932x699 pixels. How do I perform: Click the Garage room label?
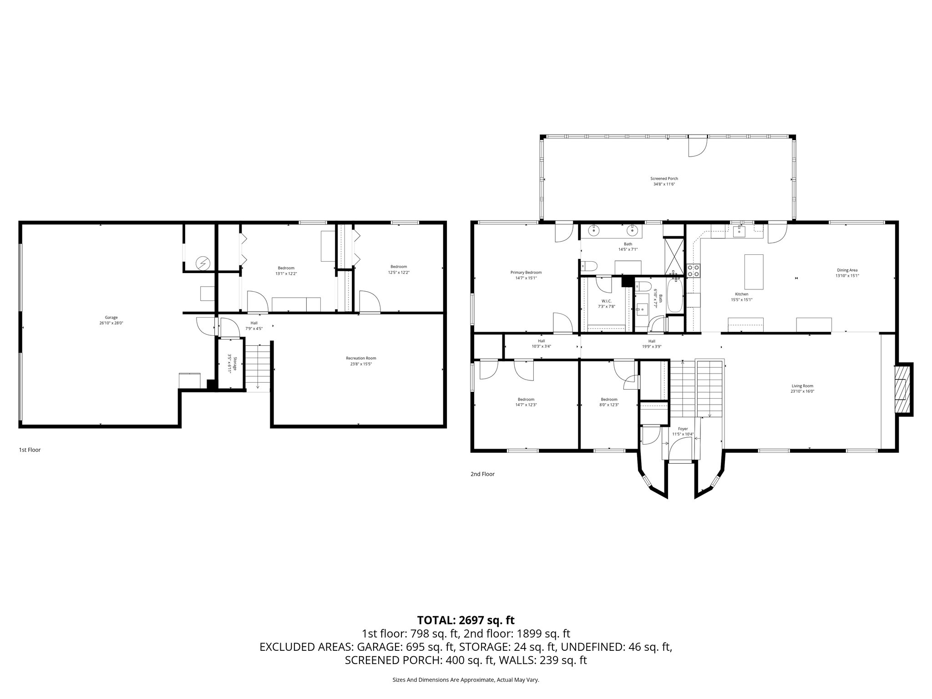point(111,320)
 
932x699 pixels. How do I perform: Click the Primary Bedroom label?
point(526,275)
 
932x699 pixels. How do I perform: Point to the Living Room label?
point(802,388)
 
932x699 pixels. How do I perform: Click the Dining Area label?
point(847,273)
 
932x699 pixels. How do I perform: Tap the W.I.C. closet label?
point(606,304)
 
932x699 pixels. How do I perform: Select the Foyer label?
point(683,431)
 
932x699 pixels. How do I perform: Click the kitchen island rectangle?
point(753,272)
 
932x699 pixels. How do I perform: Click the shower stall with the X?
point(674,254)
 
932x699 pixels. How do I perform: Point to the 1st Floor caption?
point(30,450)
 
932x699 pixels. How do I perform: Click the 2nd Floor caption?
point(482,474)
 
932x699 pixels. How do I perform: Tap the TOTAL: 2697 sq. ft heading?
point(466,620)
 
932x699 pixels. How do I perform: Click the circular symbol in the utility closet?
point(202,263)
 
